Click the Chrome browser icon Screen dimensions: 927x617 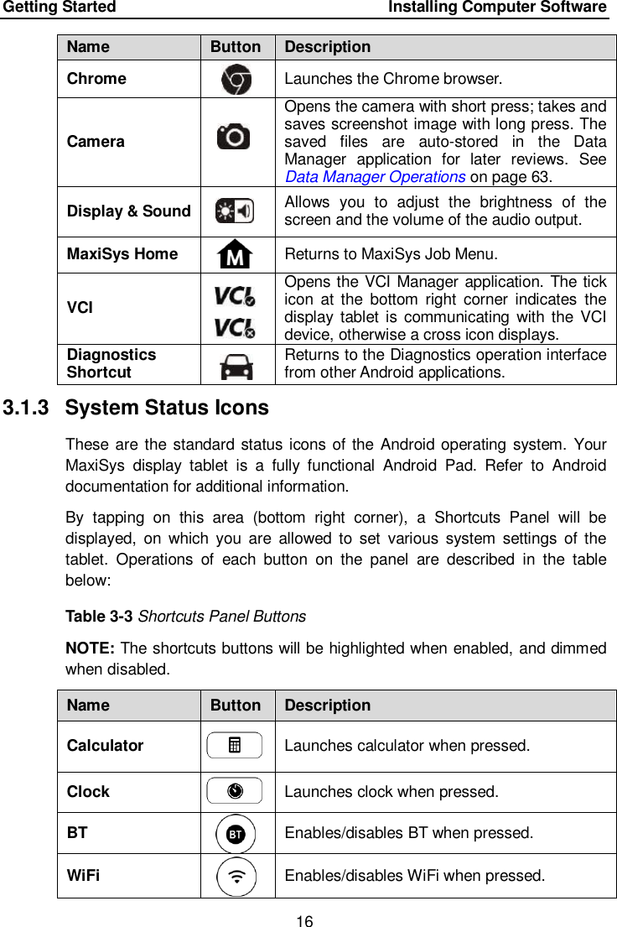[236, 79]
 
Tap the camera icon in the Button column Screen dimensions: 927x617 [234, 136]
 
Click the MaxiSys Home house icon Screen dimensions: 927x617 [236, 253]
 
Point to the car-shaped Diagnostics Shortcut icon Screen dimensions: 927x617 [236, 365]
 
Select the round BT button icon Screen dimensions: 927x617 [236, 834]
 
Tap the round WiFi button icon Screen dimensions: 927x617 [237, 877]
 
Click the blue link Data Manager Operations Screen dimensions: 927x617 [376, 177]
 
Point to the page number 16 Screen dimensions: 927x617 [304, 922]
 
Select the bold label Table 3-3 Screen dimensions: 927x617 [100, 617]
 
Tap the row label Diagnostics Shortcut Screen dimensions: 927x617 [111, 363]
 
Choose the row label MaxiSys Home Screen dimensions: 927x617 [122, 253]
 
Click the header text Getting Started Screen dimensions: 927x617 [60, 8]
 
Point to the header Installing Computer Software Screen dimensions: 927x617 [497, 8]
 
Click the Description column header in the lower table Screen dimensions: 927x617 [327, 706]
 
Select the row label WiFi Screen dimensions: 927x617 [83, 876]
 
